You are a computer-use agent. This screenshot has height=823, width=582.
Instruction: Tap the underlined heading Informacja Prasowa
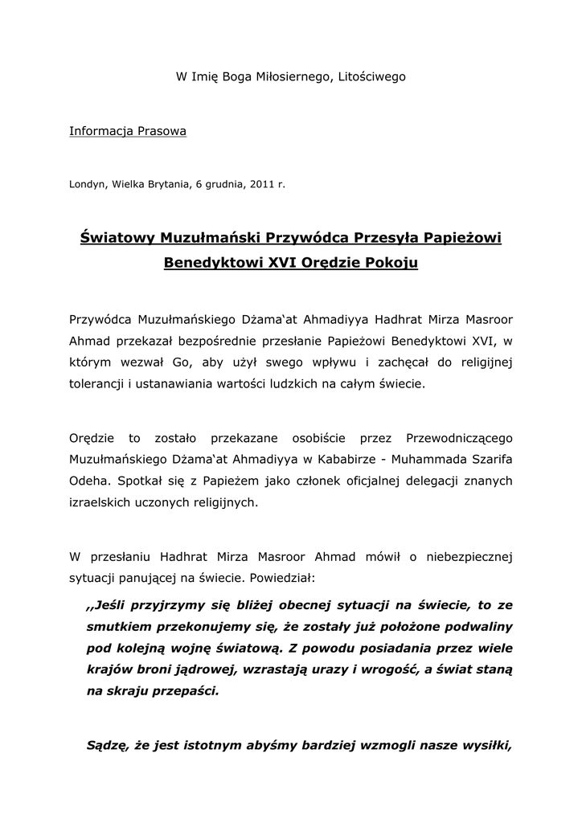tap(128, 130)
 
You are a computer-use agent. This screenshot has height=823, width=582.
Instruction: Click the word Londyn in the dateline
tap(86, 184)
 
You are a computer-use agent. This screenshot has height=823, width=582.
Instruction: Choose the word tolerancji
tap(99, 384)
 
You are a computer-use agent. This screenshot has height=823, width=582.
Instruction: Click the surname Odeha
tap(88, 481)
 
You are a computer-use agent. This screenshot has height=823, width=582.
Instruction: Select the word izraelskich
tap(104, 502)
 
